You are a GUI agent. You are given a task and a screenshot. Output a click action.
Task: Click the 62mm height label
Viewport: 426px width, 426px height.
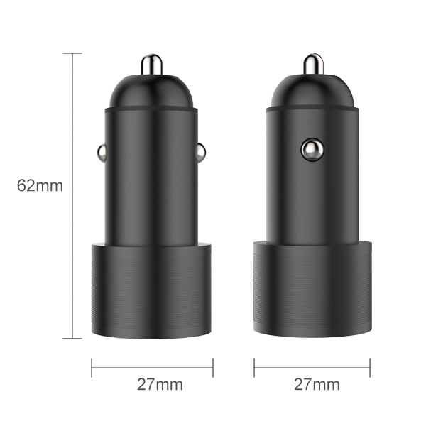point(40,186)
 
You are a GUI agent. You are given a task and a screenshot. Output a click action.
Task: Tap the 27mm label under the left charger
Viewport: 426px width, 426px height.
point(160,385)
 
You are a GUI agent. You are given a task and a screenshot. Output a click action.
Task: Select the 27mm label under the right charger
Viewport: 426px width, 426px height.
point(317,385)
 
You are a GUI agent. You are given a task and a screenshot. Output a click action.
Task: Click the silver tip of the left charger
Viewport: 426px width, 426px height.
point(152,65)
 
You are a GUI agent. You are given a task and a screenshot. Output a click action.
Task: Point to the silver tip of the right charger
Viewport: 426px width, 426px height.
point(313,65)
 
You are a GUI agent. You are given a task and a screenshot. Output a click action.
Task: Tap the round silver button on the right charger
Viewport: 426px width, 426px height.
point(310,149)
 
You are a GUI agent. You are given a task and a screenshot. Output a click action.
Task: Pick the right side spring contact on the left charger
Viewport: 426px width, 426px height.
point(201,151)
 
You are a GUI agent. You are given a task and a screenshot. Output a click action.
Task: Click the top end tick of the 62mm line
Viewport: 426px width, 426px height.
point(72,53)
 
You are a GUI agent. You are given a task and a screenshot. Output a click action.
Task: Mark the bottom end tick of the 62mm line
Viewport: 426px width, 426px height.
point(72,339)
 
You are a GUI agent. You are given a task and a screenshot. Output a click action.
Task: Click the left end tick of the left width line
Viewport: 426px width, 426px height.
point(92,367)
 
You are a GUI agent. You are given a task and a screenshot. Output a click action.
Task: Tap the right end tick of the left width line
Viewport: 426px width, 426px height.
point(213,367)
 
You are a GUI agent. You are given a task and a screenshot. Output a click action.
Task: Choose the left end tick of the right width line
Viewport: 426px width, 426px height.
point(253,367)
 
